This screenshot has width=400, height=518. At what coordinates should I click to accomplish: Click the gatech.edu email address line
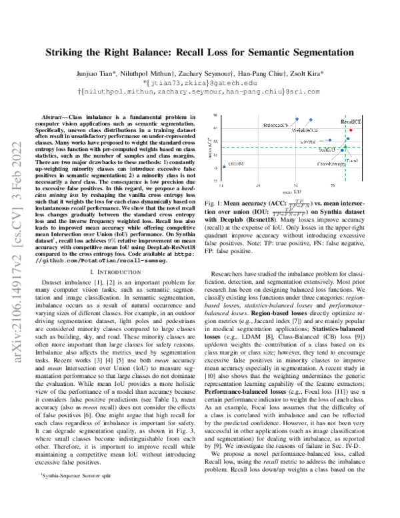click(200, 82)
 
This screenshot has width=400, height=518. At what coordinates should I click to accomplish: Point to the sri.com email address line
click(200, 90)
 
